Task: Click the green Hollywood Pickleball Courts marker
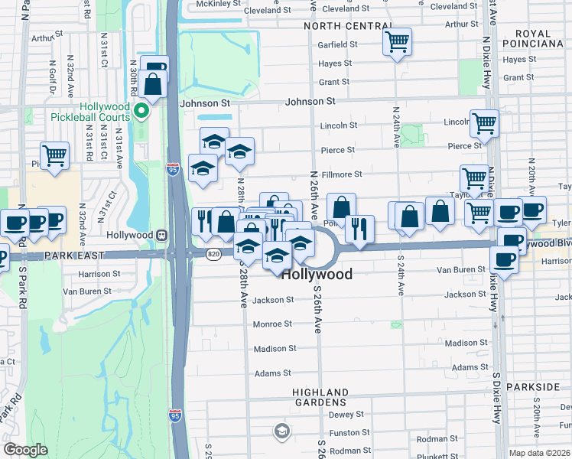141,112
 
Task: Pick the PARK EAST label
37,256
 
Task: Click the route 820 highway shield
213,252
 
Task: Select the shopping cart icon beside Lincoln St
484,122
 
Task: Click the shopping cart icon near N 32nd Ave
55,155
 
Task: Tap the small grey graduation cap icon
281,433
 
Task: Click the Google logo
25,450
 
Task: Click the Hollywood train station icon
161,235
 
